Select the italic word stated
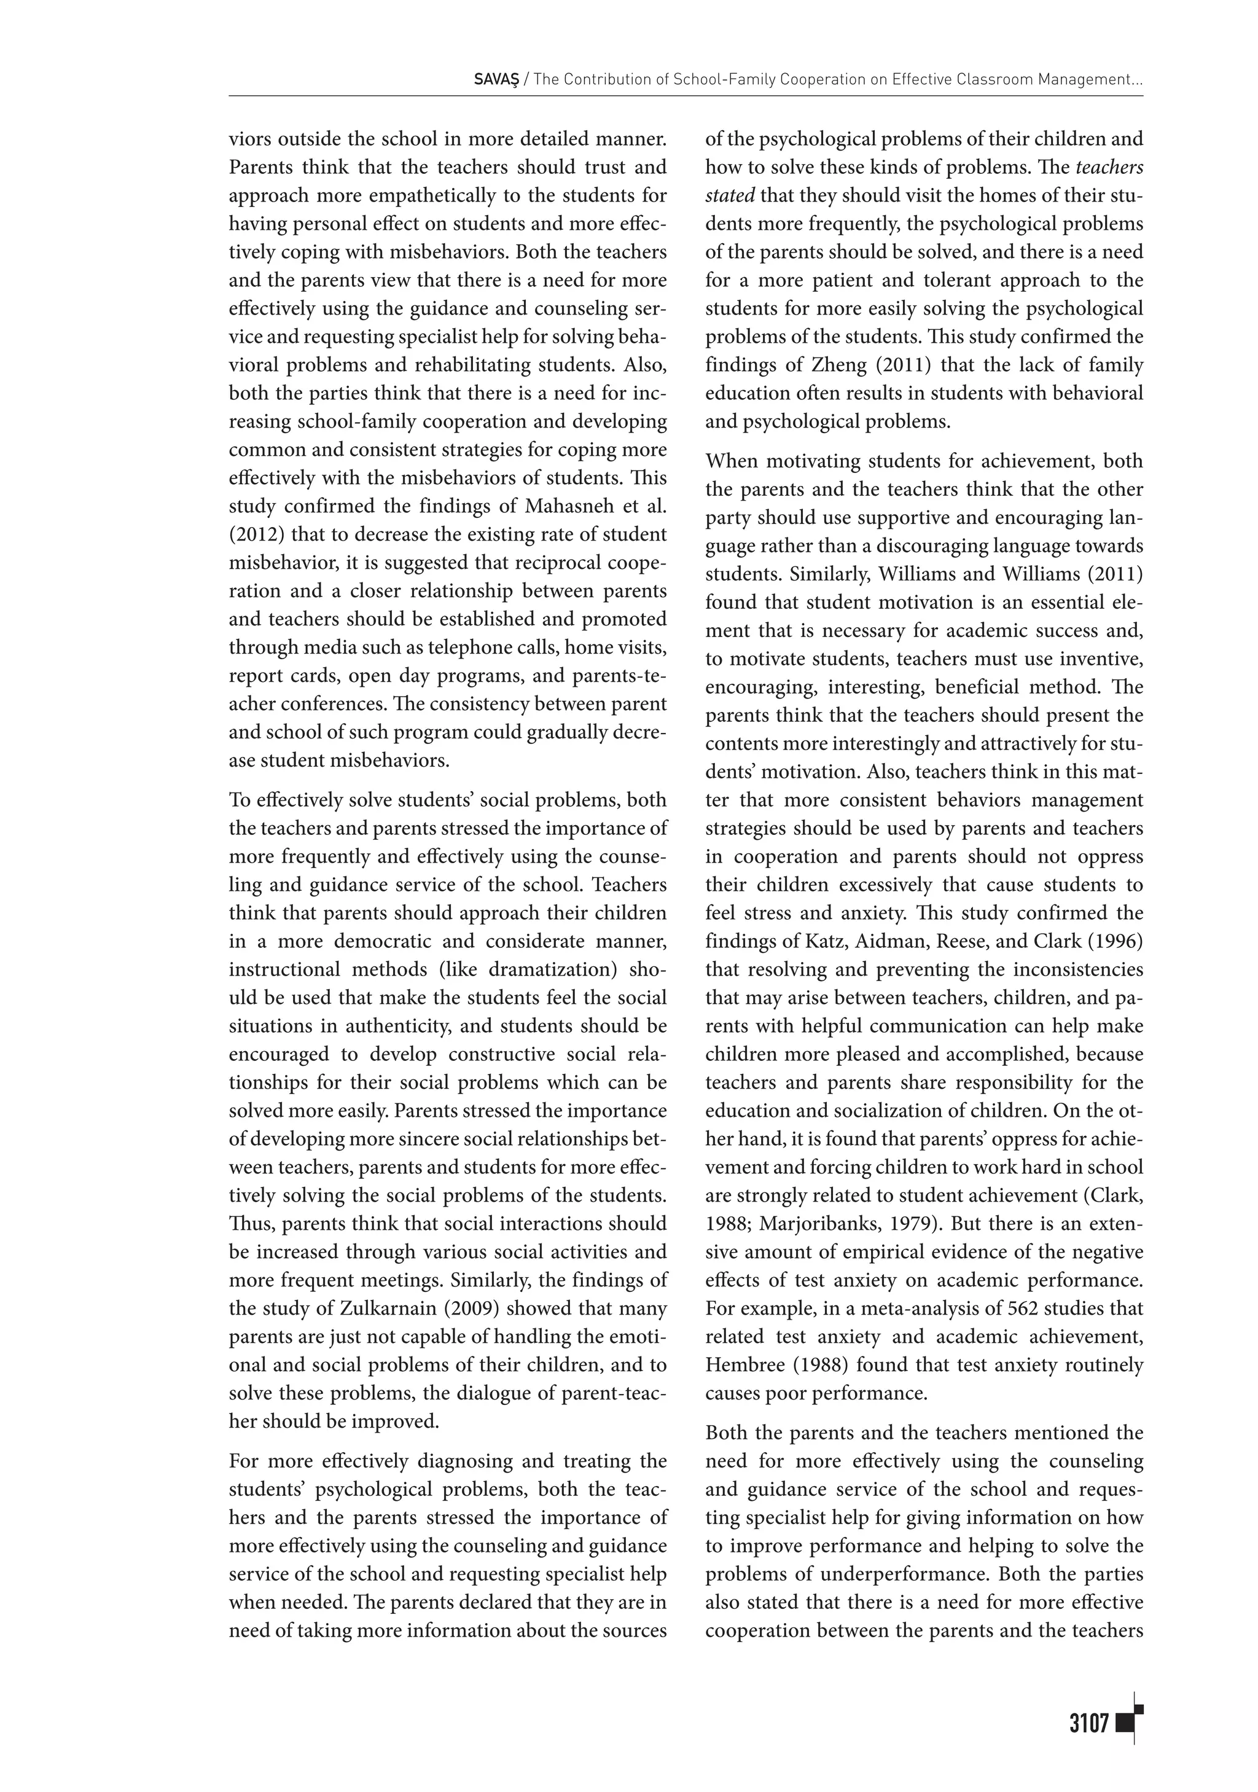coord(729,195)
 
